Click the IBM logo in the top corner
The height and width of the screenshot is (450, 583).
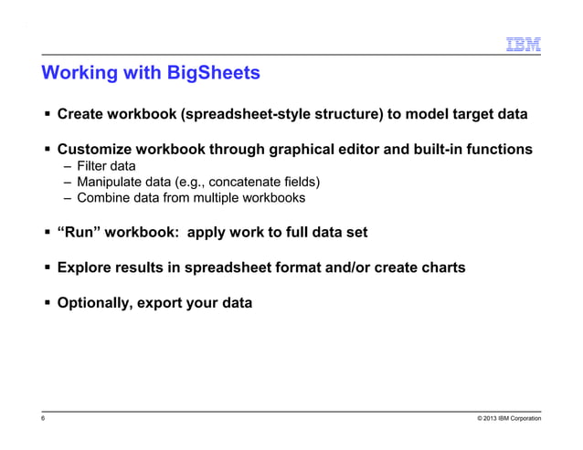(524, 45)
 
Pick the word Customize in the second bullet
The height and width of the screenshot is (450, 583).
(93, 149)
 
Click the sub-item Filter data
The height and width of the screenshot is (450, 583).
(106, 166)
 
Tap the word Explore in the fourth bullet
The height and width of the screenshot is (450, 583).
(83, 267)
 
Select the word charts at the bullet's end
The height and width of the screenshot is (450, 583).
(441, 267)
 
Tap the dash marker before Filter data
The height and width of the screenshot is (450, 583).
(68, 166)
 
